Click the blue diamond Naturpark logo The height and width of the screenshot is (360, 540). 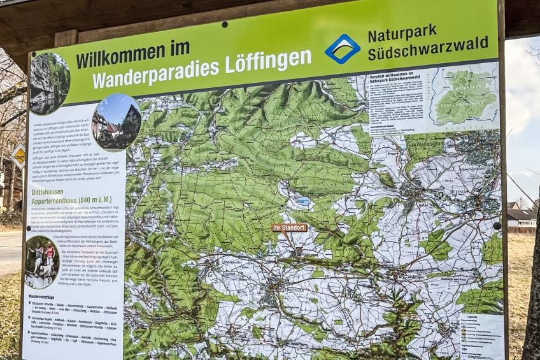342,48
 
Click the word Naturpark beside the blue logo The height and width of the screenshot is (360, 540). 402,32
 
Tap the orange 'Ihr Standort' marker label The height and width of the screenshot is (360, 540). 289,227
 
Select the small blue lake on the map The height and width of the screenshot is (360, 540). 304,201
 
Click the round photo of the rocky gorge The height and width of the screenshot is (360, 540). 49,83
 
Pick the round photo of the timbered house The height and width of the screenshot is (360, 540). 116,122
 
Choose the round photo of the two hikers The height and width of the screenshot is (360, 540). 42,262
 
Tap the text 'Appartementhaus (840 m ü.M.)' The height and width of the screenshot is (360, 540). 71,201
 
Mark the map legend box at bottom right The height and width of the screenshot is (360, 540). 482,335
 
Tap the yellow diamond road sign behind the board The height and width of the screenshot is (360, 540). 19,155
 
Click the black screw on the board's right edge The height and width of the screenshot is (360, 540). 496,225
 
